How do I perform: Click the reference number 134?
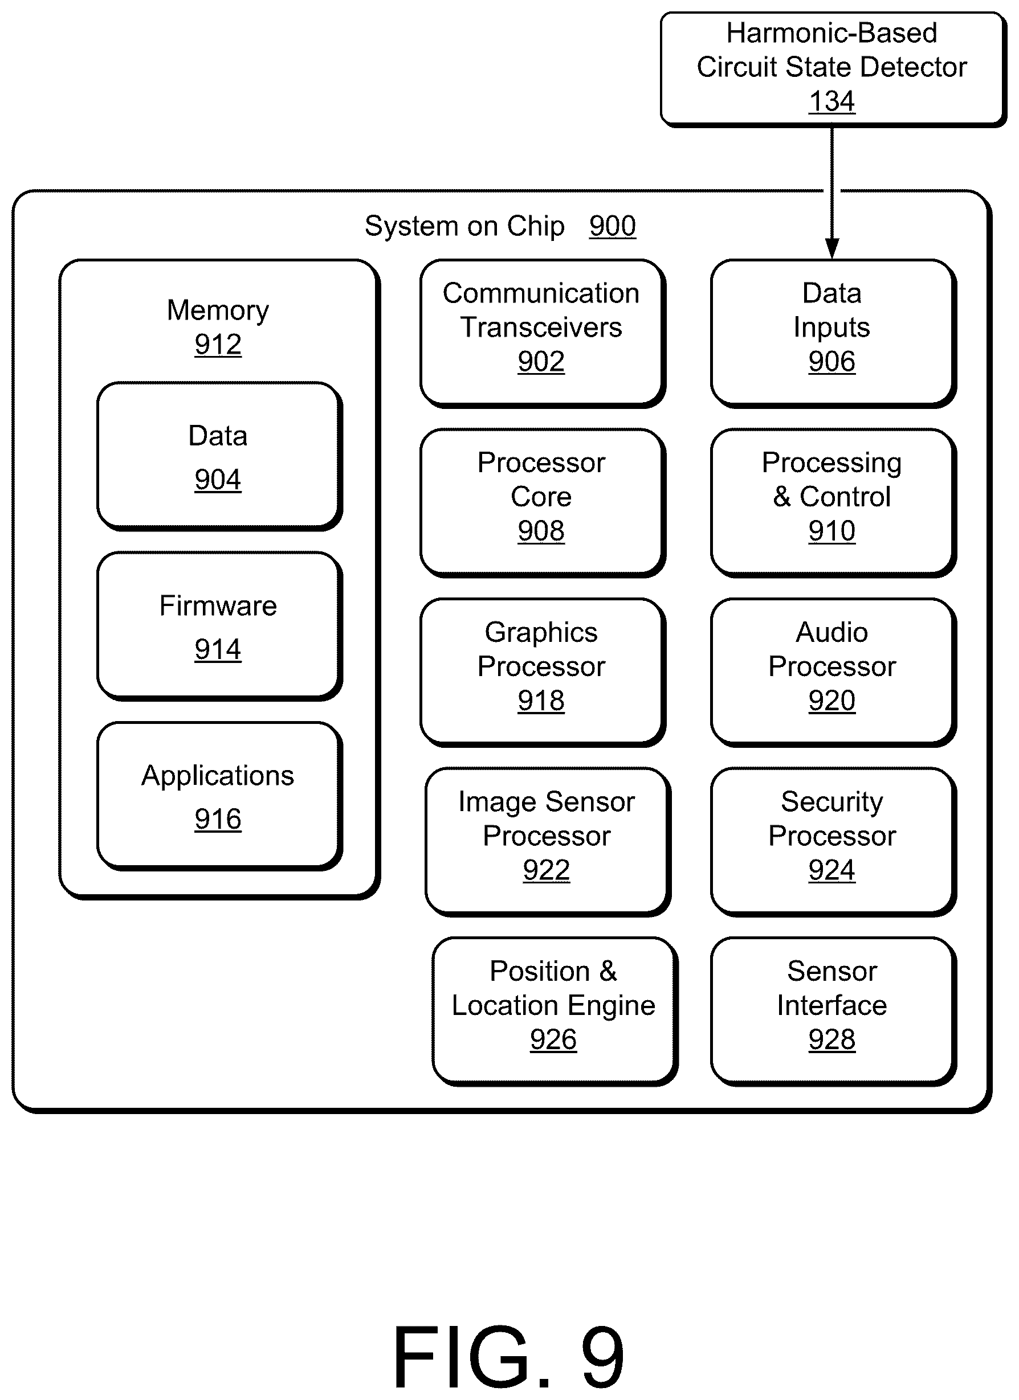point(831,101)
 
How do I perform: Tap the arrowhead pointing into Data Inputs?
point(832,249)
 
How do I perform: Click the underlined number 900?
point(612,226)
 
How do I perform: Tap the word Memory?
point(218,310)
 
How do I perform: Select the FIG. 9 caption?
point(509,1357)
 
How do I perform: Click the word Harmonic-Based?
point(831,32)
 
